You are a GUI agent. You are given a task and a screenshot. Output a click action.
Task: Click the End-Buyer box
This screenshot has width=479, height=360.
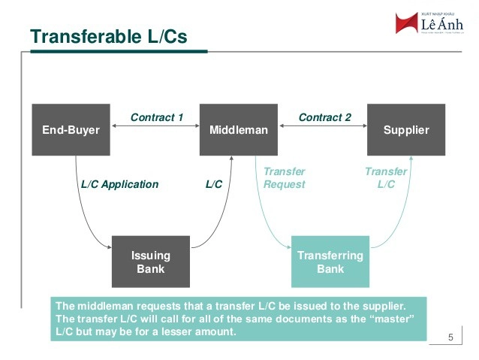click(x=71, y=130)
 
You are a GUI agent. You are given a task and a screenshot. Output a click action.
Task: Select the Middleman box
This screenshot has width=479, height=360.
click(x=239, y=130)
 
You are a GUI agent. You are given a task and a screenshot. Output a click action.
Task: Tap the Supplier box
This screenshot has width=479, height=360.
click(x=406, y=130)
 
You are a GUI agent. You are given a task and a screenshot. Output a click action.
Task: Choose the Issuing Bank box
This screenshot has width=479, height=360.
click(x=150, y=262)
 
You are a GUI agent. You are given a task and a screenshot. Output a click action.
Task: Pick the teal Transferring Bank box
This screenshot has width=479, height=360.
click(x=330, y=262)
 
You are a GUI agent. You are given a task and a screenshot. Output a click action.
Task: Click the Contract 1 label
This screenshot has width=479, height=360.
click(x=157, y=117)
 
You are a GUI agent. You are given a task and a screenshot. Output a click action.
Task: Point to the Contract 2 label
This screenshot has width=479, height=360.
click(x=324, y=117)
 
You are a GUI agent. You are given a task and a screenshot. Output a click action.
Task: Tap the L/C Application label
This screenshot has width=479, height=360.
click(x=119, y=184)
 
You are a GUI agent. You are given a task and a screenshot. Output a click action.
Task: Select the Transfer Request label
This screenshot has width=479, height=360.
click(x=285, y=178)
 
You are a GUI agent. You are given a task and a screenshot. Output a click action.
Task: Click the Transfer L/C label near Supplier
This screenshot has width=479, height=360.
click(x=386, y=178)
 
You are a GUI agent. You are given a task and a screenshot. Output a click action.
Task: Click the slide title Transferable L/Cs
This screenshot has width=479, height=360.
click(x=107, y=36)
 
